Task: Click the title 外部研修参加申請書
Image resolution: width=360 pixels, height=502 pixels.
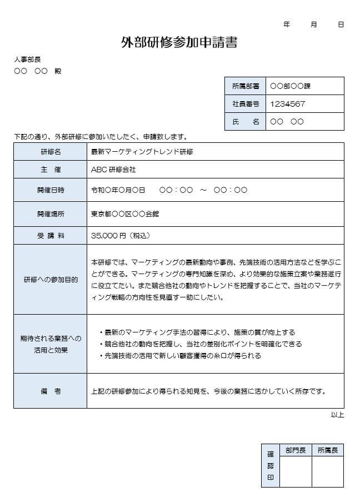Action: (179, 43)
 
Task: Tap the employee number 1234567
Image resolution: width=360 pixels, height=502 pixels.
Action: (287, 103)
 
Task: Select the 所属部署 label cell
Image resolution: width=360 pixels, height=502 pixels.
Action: (245, 86)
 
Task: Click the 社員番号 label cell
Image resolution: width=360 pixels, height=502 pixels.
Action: (245, 103)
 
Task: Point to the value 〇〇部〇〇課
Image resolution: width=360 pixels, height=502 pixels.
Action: (290, 86)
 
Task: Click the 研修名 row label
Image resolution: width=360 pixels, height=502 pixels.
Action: (50, 151)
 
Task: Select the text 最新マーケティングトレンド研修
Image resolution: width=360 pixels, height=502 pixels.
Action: (142, 151)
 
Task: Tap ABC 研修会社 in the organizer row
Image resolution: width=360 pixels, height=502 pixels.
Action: (113, 169)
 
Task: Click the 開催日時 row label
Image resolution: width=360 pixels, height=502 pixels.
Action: (50, 190)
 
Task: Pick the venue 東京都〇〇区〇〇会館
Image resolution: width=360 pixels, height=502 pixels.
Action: (125, 213)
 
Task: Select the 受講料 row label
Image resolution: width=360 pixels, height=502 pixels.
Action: (50, 236)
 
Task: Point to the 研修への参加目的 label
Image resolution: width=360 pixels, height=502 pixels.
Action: (50, 279)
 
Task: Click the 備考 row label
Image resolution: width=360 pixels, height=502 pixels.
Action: (50, 391)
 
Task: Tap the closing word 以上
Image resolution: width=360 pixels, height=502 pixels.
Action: (337, 415)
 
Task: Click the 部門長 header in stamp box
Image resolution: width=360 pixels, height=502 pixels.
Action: (295, 450)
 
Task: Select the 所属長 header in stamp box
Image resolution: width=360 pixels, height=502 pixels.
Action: (327, 450)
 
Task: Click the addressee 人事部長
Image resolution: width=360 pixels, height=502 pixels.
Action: (27, 59)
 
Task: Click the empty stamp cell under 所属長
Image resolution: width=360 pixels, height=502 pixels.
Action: (327, 472)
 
